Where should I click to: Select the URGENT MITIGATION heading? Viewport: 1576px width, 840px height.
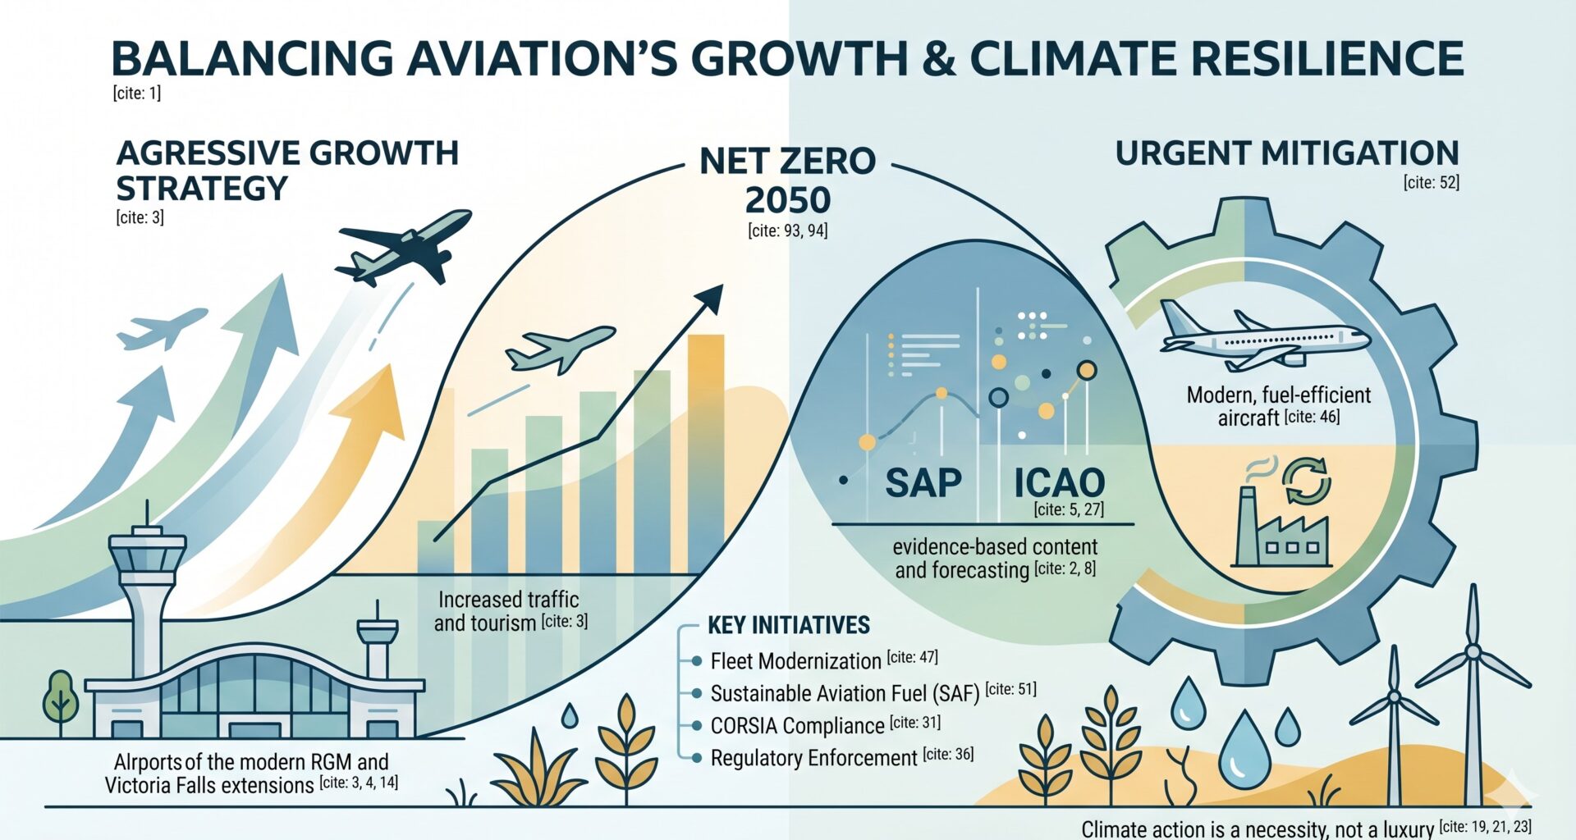(1286, 153)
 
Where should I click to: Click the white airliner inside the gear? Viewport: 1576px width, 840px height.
(1263, 337)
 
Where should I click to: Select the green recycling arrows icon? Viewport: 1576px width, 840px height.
(1306, 481)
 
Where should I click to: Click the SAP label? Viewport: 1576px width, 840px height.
(923, 482)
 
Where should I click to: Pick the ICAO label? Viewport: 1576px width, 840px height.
(1059, 482)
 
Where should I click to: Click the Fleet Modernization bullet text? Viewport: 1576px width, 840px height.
(795, 661)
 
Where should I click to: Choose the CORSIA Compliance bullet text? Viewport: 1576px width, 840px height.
(797, 726)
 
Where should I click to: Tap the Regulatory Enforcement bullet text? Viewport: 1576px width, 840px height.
(813, 758)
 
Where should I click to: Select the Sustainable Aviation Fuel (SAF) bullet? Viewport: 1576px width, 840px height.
(845, 694)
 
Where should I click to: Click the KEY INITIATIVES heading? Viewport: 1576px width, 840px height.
(788, 626)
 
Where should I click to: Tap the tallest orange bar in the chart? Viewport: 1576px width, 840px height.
(705, 451)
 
